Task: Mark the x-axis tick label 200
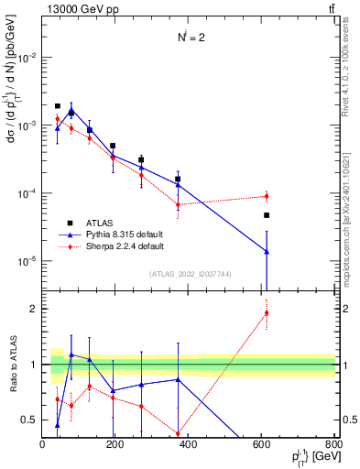click(x=115, y=444)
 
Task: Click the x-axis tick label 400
click(x=189, y=444)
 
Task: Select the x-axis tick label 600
click(x=261, y=444)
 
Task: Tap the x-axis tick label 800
click(x=333, y=444)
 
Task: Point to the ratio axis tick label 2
click(x=33, y=309)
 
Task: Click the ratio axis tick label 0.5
click(x=29, y=420)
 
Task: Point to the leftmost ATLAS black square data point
click(x=58, y=106)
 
